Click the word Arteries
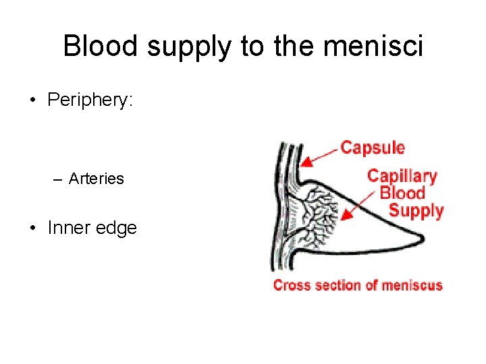97,179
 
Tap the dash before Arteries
59,179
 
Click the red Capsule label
373,148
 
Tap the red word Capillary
402,177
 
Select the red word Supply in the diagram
416,211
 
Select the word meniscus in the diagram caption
412,285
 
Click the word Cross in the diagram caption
288,285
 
